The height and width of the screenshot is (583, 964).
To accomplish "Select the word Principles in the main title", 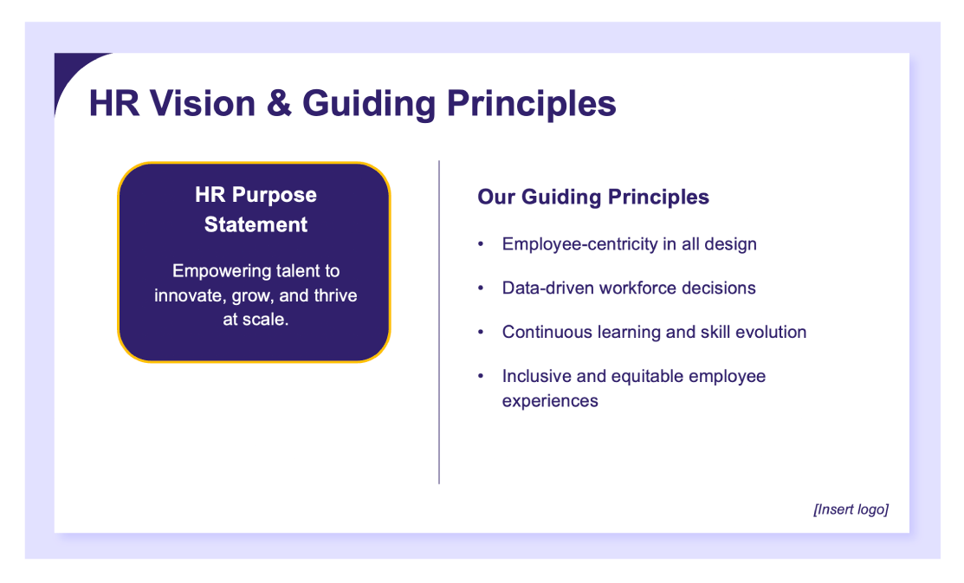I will (531, 104).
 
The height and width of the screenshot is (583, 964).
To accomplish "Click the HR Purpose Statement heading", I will (256, 210).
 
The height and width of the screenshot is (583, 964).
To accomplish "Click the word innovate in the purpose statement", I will (188, 295).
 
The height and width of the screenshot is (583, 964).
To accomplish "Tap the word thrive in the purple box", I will (333, 295).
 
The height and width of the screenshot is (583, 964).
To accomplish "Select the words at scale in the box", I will (256, 320).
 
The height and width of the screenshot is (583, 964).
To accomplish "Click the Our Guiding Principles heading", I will (593, 198).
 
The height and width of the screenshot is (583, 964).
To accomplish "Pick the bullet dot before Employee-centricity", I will (481, 244).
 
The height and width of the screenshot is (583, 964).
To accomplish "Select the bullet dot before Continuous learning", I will (481, 333).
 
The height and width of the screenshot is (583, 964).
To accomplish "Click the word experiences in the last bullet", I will (550, 401).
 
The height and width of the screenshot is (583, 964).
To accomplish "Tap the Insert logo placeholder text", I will (851, 509).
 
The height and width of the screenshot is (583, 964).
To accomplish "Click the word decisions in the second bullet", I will (714, 288).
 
